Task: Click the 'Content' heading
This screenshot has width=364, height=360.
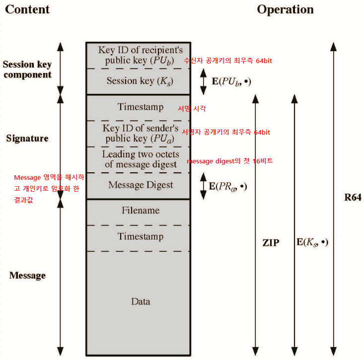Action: (28, 9)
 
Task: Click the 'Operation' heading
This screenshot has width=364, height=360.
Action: (285, 9)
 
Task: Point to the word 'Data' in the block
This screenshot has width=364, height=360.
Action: (141, 301)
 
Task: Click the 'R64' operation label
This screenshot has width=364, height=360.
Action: (353, 198)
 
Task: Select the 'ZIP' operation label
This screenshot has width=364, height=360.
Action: (271, 243)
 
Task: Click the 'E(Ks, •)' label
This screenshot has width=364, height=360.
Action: (312, 242)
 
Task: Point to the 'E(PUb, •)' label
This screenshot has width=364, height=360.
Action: (231, 81)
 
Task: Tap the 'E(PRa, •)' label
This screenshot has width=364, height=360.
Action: (227, 187)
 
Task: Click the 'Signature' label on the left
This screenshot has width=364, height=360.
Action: (27, 139)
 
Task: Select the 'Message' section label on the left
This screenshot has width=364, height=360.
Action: (27, 276)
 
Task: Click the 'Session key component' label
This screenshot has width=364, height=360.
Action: (27, 70)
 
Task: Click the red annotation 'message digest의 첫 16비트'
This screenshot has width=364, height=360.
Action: (229, 162)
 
